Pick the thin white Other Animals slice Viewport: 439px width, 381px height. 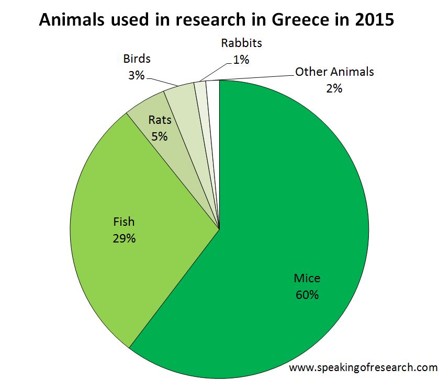213,131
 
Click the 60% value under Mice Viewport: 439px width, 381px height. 307,295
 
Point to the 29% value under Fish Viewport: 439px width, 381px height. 124,238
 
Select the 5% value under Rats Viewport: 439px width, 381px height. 160,136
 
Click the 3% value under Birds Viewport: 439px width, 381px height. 136,75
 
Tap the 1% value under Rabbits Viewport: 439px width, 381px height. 241,60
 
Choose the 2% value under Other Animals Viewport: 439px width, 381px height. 334,88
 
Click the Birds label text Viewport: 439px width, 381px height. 137,58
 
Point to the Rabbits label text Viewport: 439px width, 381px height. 241,42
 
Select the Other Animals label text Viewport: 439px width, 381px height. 334,72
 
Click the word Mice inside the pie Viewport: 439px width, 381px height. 307,278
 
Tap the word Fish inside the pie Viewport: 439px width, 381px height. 124,222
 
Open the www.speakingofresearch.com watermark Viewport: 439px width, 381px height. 363,368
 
